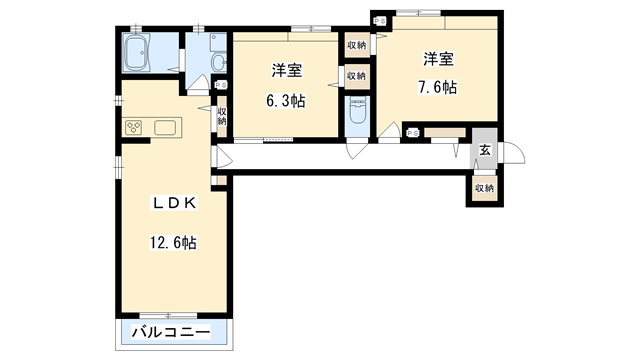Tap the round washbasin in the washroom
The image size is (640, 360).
(x=218, y=64)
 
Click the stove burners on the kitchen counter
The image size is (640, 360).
(x=133, y=127)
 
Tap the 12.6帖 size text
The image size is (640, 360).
(x=173, y=243)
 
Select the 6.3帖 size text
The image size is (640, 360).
(x=287, y=101)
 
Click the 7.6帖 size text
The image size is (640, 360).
(x=437, y=87)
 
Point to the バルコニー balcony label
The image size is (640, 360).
(x=172, y=331)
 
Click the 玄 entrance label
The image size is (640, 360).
(x=484, y=150)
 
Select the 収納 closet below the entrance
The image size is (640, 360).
(x=484, y=188)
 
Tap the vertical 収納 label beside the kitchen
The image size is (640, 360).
(x=221, y=118)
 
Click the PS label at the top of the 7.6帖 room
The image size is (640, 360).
(x=378, y=20)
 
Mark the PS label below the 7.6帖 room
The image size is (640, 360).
(x=412, y=133)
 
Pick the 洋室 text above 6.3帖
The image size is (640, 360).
(x=287, y=71)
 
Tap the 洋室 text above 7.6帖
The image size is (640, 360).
(x=437, y=58)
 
